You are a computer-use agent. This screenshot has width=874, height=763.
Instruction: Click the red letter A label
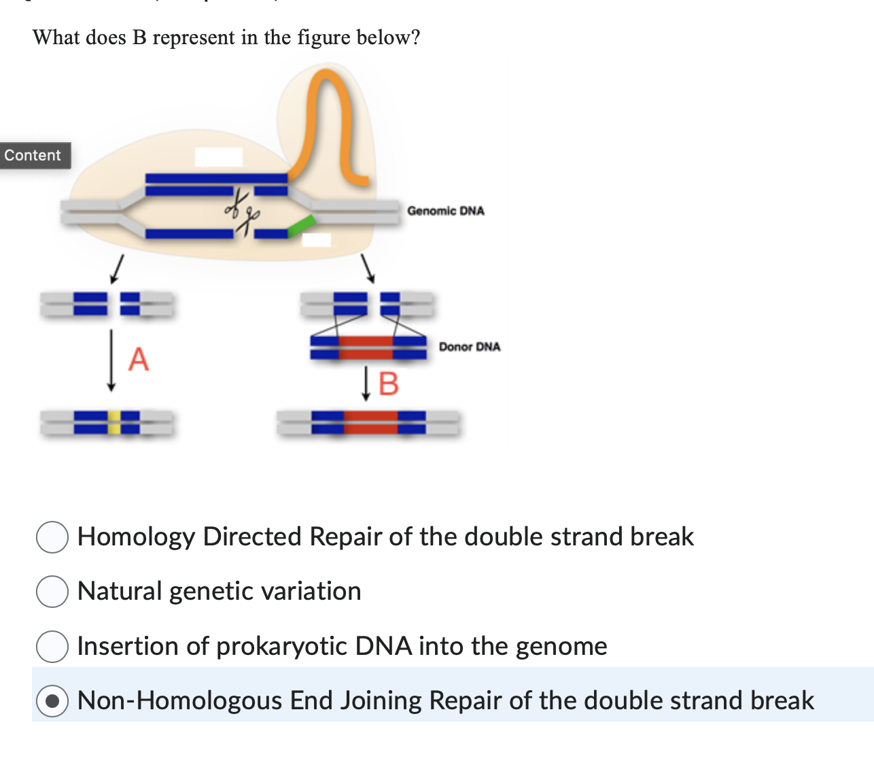click(x=138, y=358)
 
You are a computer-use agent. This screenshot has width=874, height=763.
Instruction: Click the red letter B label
click(x=388, y=384)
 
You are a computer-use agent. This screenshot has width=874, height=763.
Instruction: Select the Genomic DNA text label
click(x=446, y=211)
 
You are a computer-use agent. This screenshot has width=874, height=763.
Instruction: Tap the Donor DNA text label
click(x=470, y=347)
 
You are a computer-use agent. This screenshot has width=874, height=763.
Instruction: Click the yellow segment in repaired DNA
click(x=114, y=422)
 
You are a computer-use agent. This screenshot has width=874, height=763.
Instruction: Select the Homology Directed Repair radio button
click(x=52, y=537)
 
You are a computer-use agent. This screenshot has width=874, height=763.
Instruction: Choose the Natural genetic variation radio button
click(x=52, y=592)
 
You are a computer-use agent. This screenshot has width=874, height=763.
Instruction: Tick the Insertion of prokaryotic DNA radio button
click(x=52, y=646)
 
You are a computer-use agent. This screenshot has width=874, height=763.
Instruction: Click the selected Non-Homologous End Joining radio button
click(x=52, y=701)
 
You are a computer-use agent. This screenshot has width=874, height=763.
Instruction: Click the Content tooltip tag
click(x=33, y=155)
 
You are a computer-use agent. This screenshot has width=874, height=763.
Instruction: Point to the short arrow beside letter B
click(x=366, y=384)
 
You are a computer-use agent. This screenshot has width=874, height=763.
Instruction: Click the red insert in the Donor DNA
click(x=366, y=347)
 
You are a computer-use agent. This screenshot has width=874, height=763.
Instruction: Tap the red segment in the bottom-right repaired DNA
click(x=370, y=422)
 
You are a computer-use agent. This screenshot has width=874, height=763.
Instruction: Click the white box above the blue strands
click(x=219, y=157)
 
